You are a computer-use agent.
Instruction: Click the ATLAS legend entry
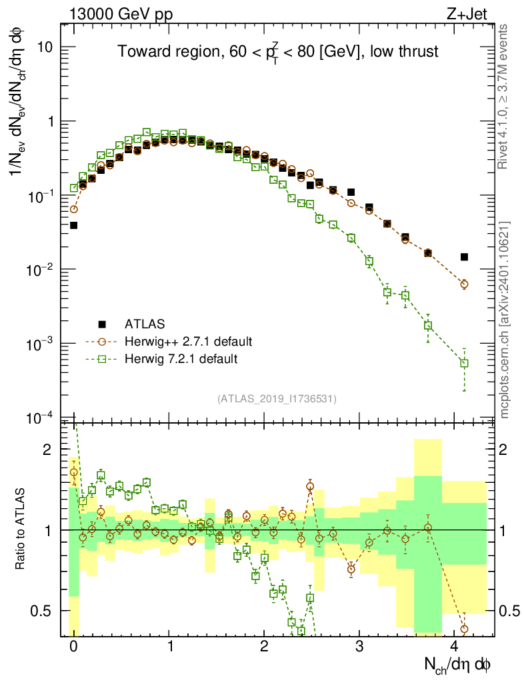click(x=141, y=324)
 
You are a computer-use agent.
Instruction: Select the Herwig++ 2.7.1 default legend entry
click(x=188, y=342)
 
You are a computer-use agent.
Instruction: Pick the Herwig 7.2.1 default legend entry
click(x=181, y=359)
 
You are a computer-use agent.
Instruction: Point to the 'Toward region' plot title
click(x=277, y=51)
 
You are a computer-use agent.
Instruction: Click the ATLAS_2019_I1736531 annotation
click(x=277, y=399)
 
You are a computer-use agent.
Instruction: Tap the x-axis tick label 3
click(x=360, y=647)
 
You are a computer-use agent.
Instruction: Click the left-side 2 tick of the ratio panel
click(x=47, y=450)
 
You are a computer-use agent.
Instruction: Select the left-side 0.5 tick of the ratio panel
click(x=41, y=611)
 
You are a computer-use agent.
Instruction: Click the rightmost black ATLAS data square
click(x=464, y=257)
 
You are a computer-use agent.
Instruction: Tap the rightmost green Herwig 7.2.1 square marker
click(x=464, y=364)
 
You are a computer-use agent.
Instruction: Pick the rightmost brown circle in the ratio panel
click(x=464, y=629)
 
